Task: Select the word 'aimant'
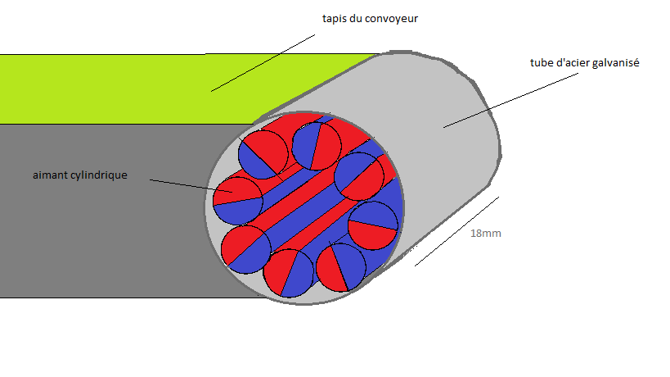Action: tap(51, 175)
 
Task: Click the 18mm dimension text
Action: tap(485, 234)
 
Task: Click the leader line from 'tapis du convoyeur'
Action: tap(262, 62)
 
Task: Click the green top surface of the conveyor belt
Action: tap(123, 86)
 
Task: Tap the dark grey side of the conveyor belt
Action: tap(98, 246)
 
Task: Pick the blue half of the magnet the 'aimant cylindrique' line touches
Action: tap(237, 210)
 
